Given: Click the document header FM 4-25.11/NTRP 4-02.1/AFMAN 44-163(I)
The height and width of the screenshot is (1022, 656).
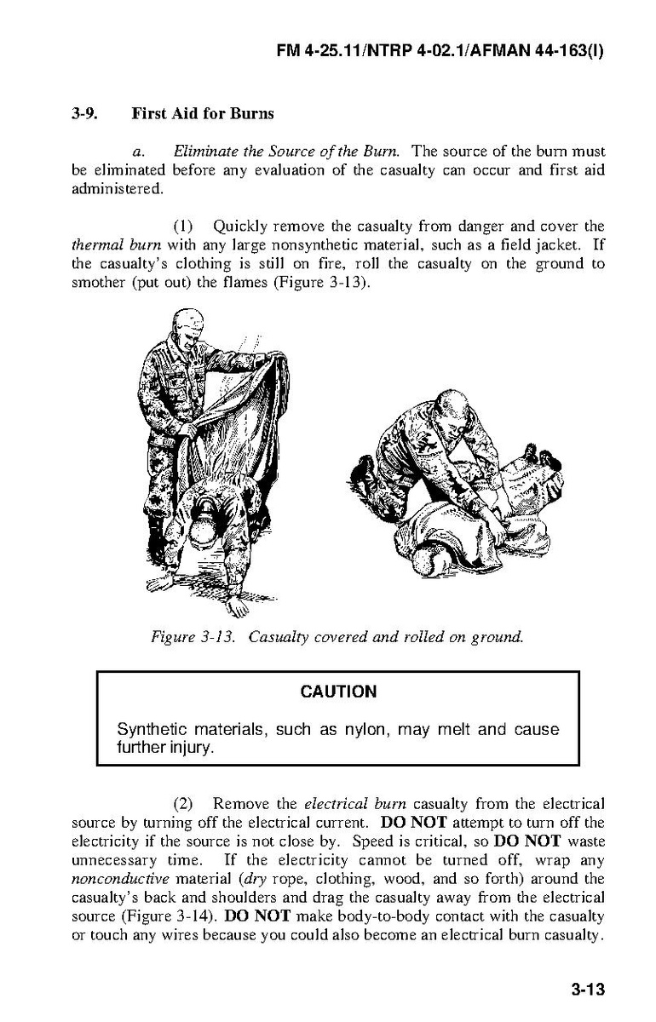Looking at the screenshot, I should pyautogui.click(x=440, y=51).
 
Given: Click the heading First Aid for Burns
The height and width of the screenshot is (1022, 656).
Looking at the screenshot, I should pyautogui.click(x=203, y=113).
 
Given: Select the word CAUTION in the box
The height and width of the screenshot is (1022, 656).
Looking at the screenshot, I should pyautogui.click(x=338, y=692).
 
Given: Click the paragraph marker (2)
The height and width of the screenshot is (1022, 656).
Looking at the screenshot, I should pyautogui.click(x=186, y=803).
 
